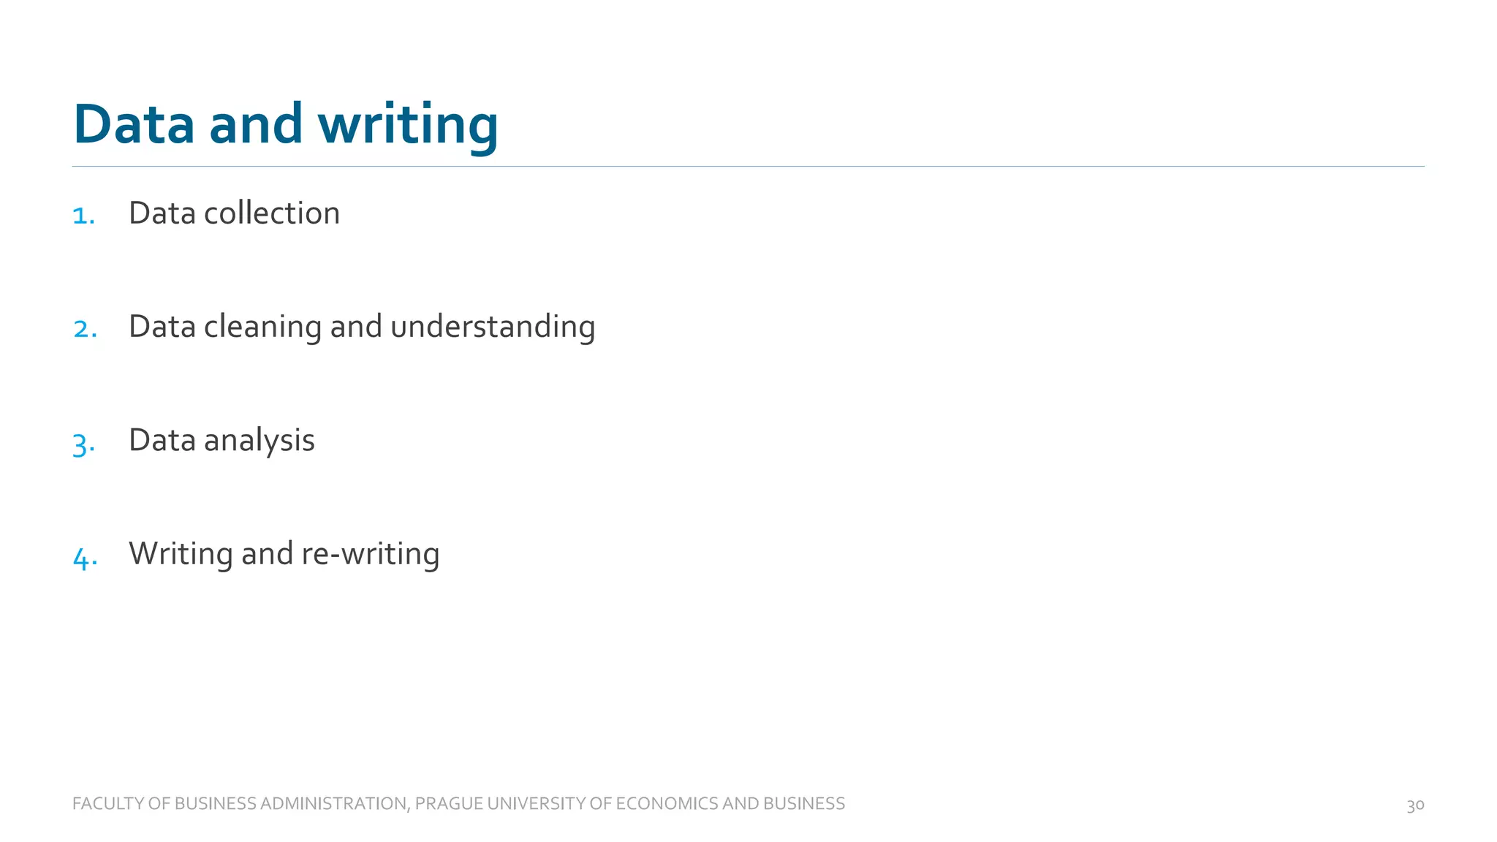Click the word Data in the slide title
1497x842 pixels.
click(134, 124)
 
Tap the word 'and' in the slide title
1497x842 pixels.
click(255, 124)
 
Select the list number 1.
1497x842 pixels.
click(83, 216)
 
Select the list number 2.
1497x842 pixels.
click(85, 329)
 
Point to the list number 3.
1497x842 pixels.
click(83, 444)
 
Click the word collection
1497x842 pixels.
click(271, 213)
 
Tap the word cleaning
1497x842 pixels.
click(262, 327)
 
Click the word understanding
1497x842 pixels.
click(492, 327)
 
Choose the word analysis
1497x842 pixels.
click(259, 441)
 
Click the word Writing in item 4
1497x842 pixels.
click(181, 554)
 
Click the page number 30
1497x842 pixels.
click(1415, 805)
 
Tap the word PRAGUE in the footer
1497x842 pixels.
click(448, 804)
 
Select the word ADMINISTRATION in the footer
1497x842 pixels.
click(333, 804)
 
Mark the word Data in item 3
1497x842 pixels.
click(162, 441)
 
